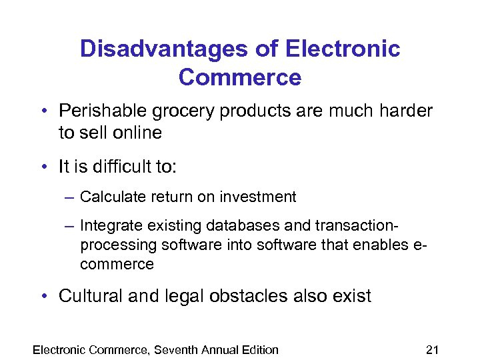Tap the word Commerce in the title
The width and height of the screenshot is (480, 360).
click(240, 78)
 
